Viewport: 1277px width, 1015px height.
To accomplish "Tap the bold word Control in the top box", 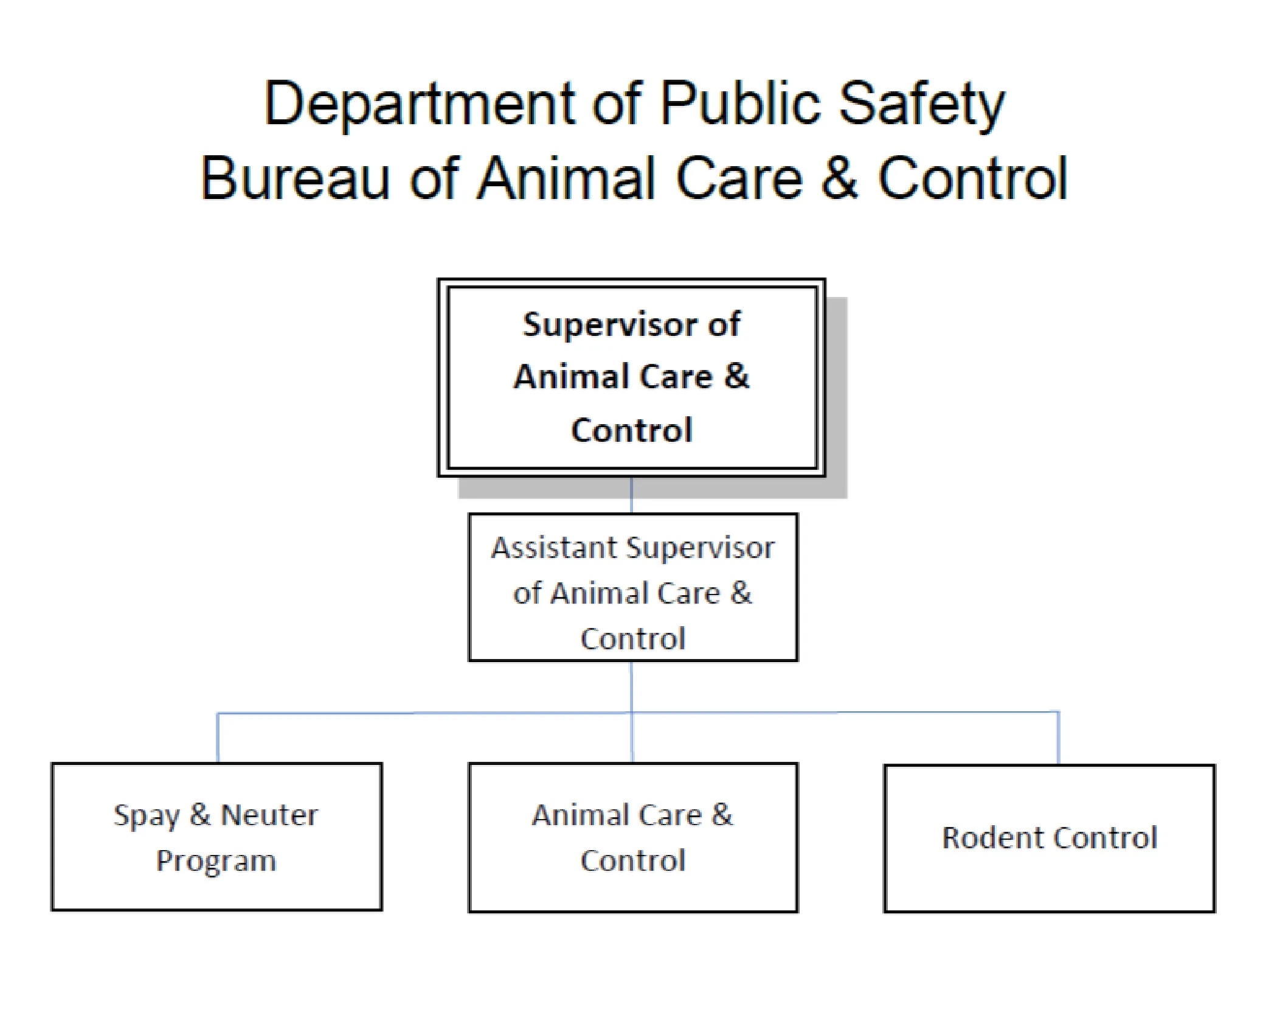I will click(x=632, y=430).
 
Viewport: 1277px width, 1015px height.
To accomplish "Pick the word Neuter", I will click(x=269, y=815).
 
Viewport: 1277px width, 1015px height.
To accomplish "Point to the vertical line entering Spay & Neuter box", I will click(x=218, y=738).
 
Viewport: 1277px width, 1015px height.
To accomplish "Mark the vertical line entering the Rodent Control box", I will click(x=1059, y=738).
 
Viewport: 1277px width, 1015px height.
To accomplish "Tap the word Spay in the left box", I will click(x=146, y=815).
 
